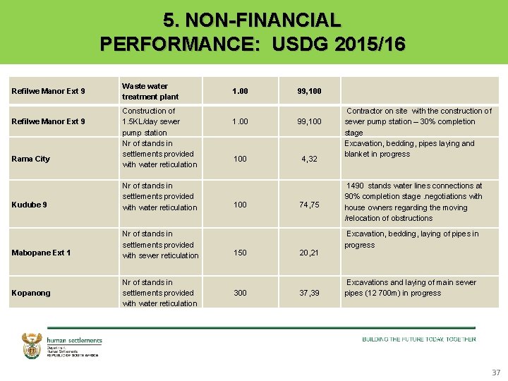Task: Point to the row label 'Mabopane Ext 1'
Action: pos(42,253)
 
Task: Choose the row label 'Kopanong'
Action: pos(32,293)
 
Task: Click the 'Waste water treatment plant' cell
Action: pos(150,91)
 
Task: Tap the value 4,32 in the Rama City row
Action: pos(309,159)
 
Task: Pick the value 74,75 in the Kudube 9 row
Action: pos(309,205)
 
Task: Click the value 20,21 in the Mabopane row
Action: pos(309,253)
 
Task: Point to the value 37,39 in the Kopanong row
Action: pos(309,293)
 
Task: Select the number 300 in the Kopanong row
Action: pos(240,293)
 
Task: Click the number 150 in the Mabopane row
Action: pos(240,253)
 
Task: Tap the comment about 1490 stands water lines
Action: pos(414,202)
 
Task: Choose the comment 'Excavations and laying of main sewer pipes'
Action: pos(411,287)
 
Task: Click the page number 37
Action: pos(495,372)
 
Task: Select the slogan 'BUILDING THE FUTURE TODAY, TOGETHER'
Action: pos(419,339)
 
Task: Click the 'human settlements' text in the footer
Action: pos(75,340)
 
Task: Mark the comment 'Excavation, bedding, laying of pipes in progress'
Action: pos(412,239)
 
